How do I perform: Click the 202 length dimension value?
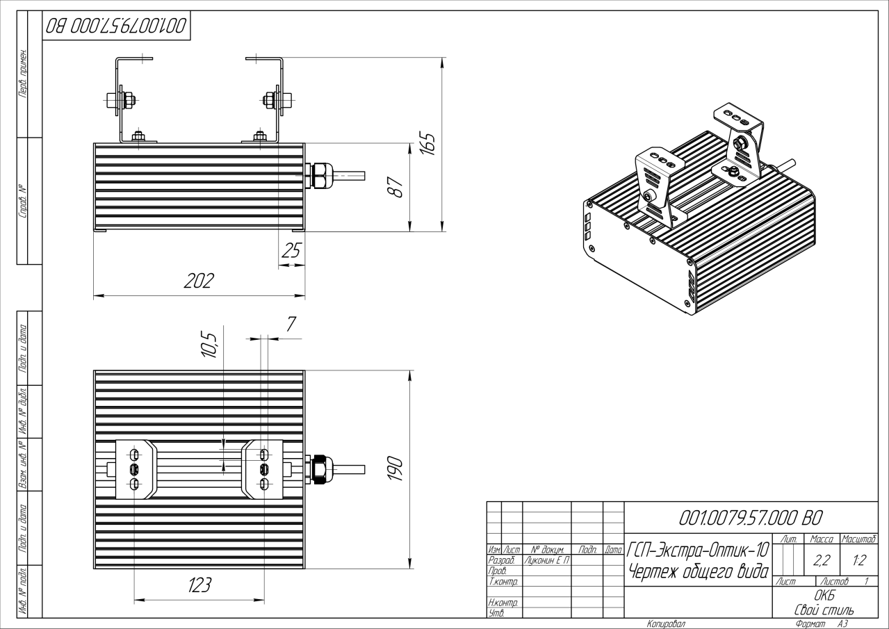coord(199,281)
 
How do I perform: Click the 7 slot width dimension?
coord(291,323)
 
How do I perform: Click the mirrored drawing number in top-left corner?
coord(116,26)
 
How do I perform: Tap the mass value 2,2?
coord(821,559)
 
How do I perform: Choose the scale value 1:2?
coord(858,559)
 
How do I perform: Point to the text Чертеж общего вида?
coord(697,571)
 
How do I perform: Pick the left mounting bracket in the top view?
coord(134,468)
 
